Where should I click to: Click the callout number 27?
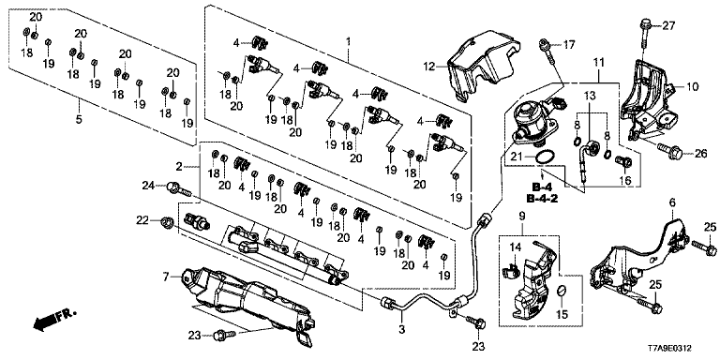[x=668, y=25]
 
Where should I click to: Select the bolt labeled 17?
[x=547, y=51]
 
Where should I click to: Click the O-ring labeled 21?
[x=544, y=157]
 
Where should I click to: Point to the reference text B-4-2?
[x=541, y=199]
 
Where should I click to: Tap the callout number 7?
[x=166, y=277]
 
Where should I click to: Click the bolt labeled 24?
[x=180, y=187]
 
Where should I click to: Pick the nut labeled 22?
[x=167, y=222]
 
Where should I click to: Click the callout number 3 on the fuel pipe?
[x=402, y=328]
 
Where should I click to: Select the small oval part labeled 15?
[x=562, y=291]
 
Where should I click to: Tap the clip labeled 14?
[x=512, y=271]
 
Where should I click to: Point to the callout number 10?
[x=692, y=86]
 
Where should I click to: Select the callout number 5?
[x=79, y=119]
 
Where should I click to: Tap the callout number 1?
[x=348, y=42]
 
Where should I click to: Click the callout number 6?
[x=673, y=202]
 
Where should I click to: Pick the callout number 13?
[x=590, y=96]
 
